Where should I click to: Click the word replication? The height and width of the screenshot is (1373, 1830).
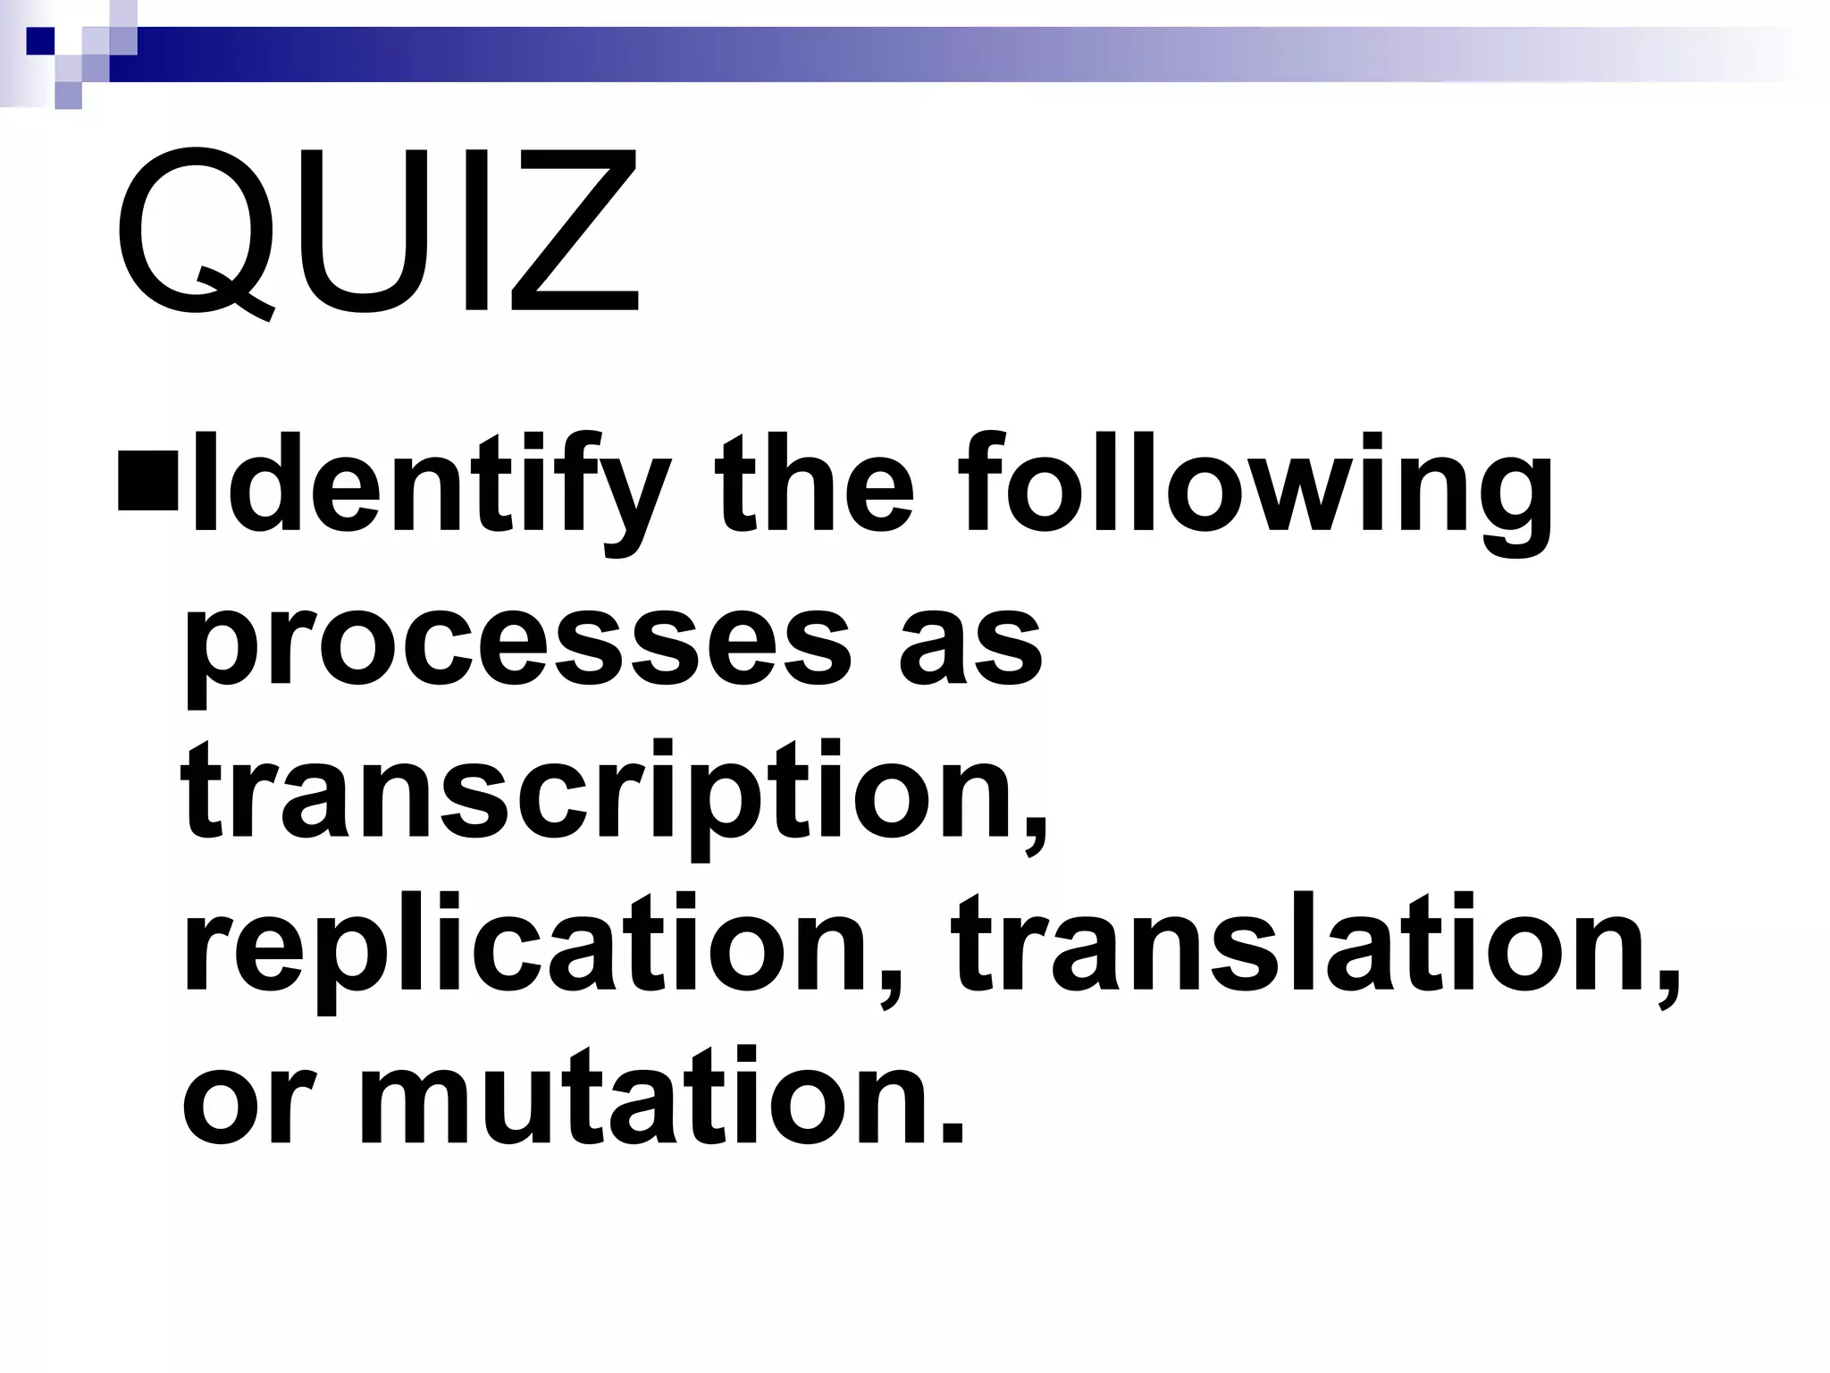coord(527,948)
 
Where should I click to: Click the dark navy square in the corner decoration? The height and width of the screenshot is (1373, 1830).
coord(40,40)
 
